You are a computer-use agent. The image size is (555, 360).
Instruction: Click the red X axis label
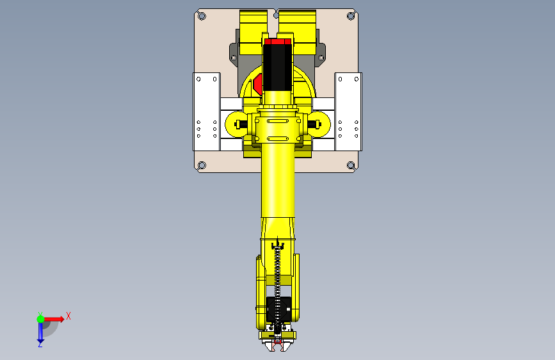pyautogui.click(x=68, y=316)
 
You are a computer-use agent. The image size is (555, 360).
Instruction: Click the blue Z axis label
pyautogui.click(x=40, y=344)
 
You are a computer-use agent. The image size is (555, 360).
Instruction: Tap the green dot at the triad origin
pyautogui.click(x=40, y=318)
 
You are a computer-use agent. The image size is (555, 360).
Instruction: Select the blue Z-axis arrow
pyautogui.click(x=40, y=331)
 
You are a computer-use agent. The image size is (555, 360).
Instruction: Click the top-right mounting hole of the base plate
pyautogui.click(x=350, y=16)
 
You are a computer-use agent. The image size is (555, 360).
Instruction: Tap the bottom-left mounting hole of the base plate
pyautogui.click(x=202, y=165)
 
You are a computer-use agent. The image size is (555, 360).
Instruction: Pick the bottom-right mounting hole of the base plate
pyautogui.click(x=350, y=165)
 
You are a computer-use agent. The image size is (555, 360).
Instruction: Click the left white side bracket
pyautogui.click(x=207, y=111)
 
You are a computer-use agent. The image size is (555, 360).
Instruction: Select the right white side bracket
pyautogui.click(x=349, y=111)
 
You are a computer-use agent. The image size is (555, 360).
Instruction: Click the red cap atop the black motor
pyautogui.click(x=277, y=41)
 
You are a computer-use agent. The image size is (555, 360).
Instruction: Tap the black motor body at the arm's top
pyautogui.click(x=277, y=67)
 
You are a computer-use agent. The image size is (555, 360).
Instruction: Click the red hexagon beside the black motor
pyautogui.click(x=259, y=83)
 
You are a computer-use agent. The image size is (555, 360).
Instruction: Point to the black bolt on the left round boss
pyautogui.click(x=241, y=124)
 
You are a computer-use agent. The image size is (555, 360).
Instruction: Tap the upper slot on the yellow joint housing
pyautogui.click(x=278, y=120)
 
